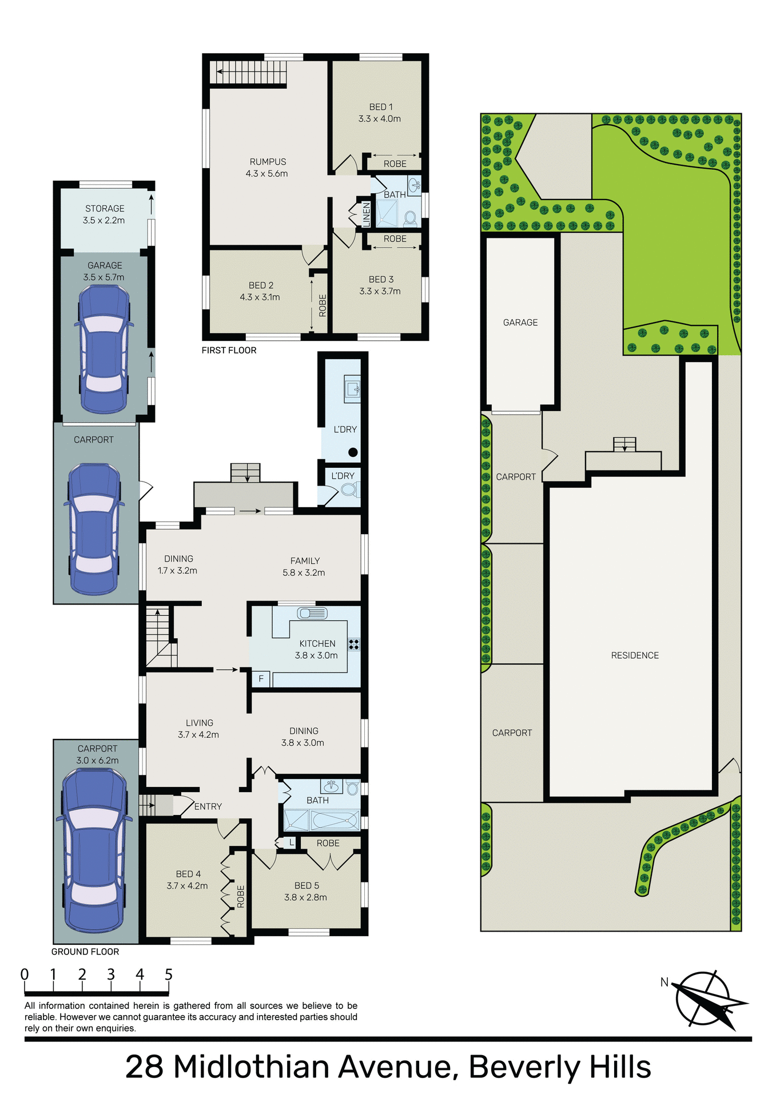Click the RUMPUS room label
pos(268,162)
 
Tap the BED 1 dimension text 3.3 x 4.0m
pos(380,119)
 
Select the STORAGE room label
pos(105,209)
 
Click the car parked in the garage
pos(104,349)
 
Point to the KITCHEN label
pos(317,643)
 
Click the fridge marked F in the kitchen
pos(261,679)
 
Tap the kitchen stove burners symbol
pos(354,645)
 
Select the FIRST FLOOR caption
pos(229,351)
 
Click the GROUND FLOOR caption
pos(85,952)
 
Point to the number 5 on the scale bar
pos(168,974)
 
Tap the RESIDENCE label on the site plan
pos(635,655)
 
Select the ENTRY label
pos(208,806)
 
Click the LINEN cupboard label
pos(367,214)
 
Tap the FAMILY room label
pos(305,561)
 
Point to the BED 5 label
pos(307,885)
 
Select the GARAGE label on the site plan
pos(520,323)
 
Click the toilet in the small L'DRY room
pos(349,490)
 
